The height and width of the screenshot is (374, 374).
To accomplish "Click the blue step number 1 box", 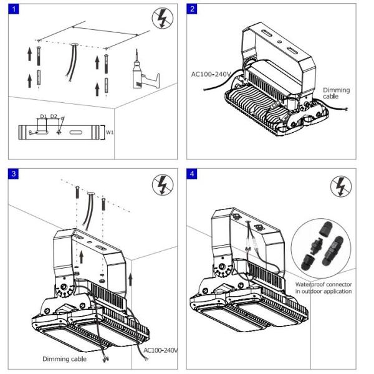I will click(13, 8).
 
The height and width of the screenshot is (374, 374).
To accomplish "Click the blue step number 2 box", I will click(193, 8).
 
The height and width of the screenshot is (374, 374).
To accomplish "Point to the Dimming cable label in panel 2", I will click(336, 93).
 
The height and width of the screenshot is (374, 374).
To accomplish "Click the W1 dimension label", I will click(110, 132).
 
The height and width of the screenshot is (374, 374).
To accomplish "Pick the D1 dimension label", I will click(43, 117).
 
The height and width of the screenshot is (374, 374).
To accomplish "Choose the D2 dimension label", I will click(54, 117).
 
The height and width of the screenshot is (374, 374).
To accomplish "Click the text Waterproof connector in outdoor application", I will click(324, 288).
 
